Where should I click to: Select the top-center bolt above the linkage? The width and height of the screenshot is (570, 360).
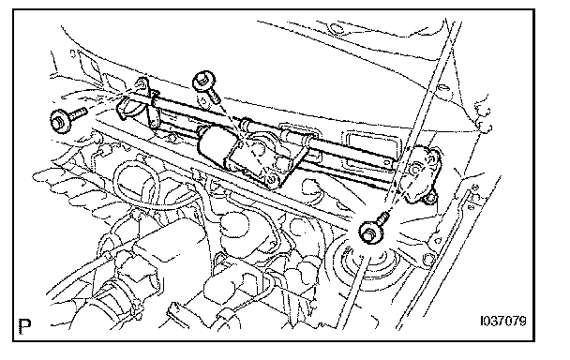206,87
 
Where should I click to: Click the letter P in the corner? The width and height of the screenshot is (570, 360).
24,327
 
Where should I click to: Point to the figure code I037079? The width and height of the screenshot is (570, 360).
503,322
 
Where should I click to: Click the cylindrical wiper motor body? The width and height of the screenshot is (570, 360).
216,147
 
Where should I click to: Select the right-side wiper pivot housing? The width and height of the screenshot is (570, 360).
421,173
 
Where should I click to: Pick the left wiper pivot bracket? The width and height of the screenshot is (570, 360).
139,105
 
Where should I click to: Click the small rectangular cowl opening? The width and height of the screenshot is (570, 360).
367,145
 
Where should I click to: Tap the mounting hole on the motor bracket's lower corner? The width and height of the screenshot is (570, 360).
271,179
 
